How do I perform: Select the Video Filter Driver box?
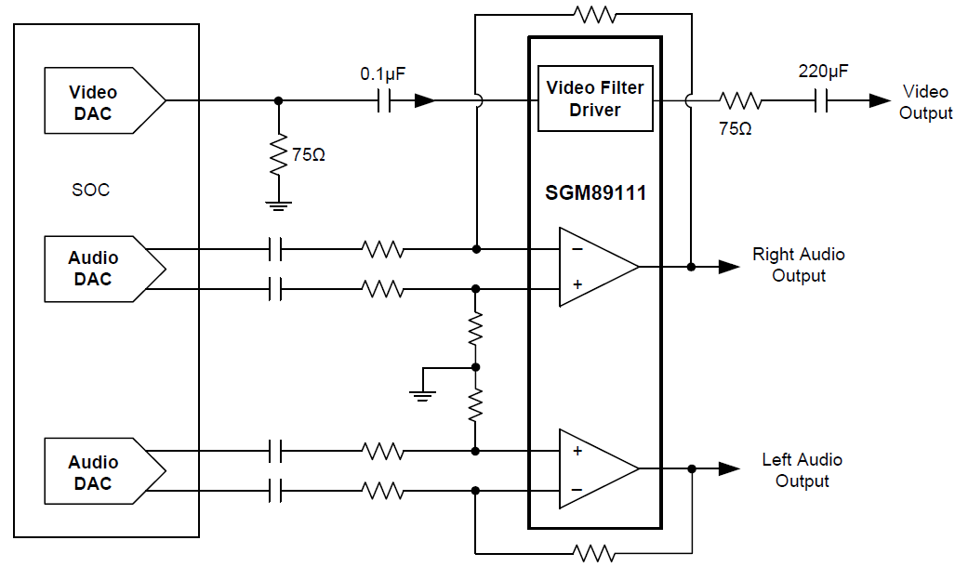[595, 99]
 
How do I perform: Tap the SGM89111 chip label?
[595, 194]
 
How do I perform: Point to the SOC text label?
[90, 190]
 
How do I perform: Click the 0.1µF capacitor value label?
[384, 72]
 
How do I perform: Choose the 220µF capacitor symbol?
[821, 100]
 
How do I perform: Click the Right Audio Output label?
[798, 265]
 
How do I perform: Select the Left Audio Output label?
[802, 470]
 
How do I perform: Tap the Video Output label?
[926, 102]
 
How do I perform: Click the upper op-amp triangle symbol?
[595, 267]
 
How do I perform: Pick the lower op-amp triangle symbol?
[595, 468]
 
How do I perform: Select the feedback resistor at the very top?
[595, 15]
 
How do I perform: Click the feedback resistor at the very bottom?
[595, 554]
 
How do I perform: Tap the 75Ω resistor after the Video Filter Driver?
[740, 100]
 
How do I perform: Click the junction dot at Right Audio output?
[691, 267]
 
